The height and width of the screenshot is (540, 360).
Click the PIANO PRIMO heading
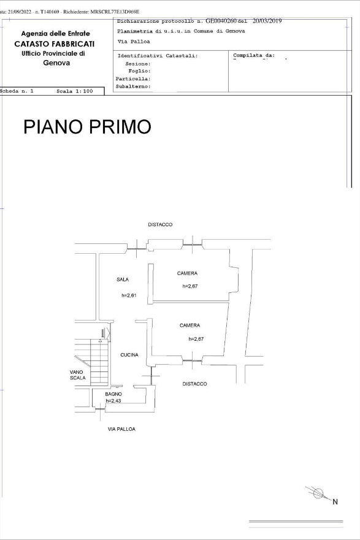(x=87, y=126)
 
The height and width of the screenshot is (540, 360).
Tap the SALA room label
(x=123, y=280)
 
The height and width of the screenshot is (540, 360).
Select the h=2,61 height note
(x=129, y=295)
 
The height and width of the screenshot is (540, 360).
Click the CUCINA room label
(x=129, y=355)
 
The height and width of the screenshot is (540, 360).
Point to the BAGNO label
(x=113, y=394)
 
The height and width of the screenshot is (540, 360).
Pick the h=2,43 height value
(x=113, y=401)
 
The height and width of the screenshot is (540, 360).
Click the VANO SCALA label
(x=77, y=375)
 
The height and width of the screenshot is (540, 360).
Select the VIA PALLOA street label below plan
(x=121, y=429)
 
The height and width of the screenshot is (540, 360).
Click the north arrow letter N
(x=335, y=502)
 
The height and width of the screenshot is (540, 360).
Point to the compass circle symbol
(x=318, y=493)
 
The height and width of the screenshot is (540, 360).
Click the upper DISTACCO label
(x=160, y=224)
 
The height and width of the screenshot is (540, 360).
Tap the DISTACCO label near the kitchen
(x=194, y=384)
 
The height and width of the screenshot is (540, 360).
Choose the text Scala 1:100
(x=75, y=91)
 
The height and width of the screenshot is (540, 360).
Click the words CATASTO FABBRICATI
(x=55, y=44)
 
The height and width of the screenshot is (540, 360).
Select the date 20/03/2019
(x=267, y=21)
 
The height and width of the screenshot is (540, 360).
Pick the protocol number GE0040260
(x=221, y=21)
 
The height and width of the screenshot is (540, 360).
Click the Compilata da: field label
(x=254, y=55)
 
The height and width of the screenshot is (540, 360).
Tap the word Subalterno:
(x=133, y=86)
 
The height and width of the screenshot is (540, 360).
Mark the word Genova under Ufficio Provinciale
(x=56, y=63)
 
